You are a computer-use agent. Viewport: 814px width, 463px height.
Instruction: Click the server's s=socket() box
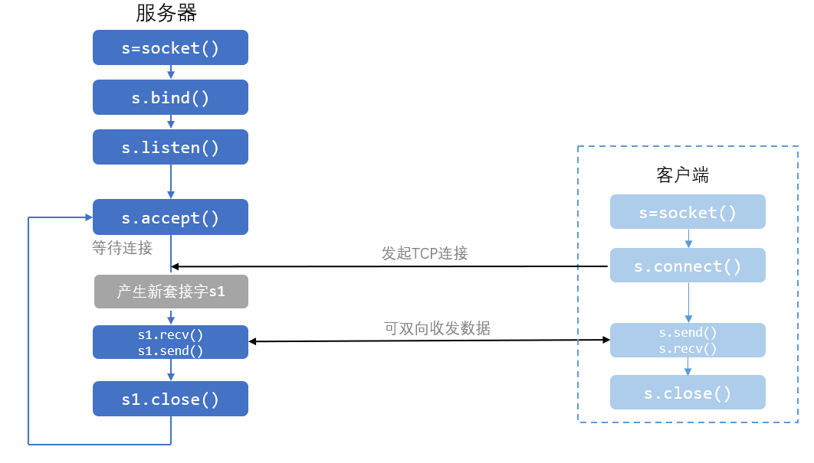170,47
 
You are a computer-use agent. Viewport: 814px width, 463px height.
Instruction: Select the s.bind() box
170,97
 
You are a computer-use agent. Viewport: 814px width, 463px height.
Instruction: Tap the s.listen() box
170,147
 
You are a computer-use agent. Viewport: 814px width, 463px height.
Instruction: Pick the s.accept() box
170,217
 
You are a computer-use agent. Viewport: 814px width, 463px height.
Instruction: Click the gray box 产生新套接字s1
172,292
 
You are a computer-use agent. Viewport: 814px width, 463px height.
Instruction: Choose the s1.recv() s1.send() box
170,342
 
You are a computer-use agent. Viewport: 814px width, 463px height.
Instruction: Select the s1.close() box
170,399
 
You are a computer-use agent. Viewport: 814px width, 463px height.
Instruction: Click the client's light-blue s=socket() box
688,212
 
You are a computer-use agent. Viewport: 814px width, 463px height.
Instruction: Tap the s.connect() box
688,266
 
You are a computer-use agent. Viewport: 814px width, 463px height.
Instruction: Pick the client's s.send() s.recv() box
688,341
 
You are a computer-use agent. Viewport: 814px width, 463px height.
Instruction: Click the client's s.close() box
688,393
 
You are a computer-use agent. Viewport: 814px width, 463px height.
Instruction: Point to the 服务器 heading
166,13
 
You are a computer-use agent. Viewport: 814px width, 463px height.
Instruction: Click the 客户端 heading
683,175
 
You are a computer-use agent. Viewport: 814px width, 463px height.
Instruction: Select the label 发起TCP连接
425,253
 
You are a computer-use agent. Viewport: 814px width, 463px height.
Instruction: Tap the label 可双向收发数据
437,328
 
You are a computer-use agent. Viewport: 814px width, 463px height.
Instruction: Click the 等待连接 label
122,248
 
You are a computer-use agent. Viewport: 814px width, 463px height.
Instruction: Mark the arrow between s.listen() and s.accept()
171,181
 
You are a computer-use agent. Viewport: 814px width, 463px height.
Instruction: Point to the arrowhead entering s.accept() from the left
89,217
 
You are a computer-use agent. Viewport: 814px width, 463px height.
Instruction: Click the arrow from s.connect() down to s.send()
689,303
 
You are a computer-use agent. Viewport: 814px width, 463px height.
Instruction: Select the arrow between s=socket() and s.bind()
171,72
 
